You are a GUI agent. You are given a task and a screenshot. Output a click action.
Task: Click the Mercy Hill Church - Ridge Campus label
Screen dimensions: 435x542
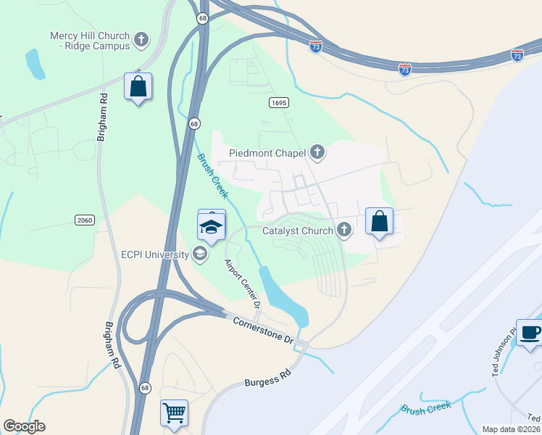(x=90, y=41)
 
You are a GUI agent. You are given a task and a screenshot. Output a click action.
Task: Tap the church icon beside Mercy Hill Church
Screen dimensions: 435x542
(x=142, y=38)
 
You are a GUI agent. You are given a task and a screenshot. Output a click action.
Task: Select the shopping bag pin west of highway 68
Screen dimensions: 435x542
(x=138, y=87)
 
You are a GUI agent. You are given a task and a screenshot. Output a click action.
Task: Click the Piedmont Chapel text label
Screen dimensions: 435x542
(x=267, y=153)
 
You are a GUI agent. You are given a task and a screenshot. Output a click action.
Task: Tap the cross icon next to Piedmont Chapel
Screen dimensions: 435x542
(x=317, y=152)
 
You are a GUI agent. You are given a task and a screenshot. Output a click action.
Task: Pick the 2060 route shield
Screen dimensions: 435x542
(x=85, y=220)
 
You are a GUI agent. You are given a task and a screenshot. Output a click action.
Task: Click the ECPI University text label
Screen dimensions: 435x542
(x=153, y=254)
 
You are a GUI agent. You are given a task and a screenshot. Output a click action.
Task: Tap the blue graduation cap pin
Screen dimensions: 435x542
(x=212, y=227)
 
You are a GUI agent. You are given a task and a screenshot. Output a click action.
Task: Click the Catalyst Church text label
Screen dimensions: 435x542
(x=297, y=231)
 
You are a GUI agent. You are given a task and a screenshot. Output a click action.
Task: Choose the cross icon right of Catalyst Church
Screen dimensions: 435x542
(x=344, y=231)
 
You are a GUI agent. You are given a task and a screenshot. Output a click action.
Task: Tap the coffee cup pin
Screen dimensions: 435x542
(x=530, y=333)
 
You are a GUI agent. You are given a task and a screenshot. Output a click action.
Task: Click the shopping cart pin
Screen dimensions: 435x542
(x=175, y=413)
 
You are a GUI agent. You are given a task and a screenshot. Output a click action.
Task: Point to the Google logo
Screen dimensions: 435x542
(x=24, y=426)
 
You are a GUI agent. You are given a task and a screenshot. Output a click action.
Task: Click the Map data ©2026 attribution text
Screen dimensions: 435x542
(x=510, y=428)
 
